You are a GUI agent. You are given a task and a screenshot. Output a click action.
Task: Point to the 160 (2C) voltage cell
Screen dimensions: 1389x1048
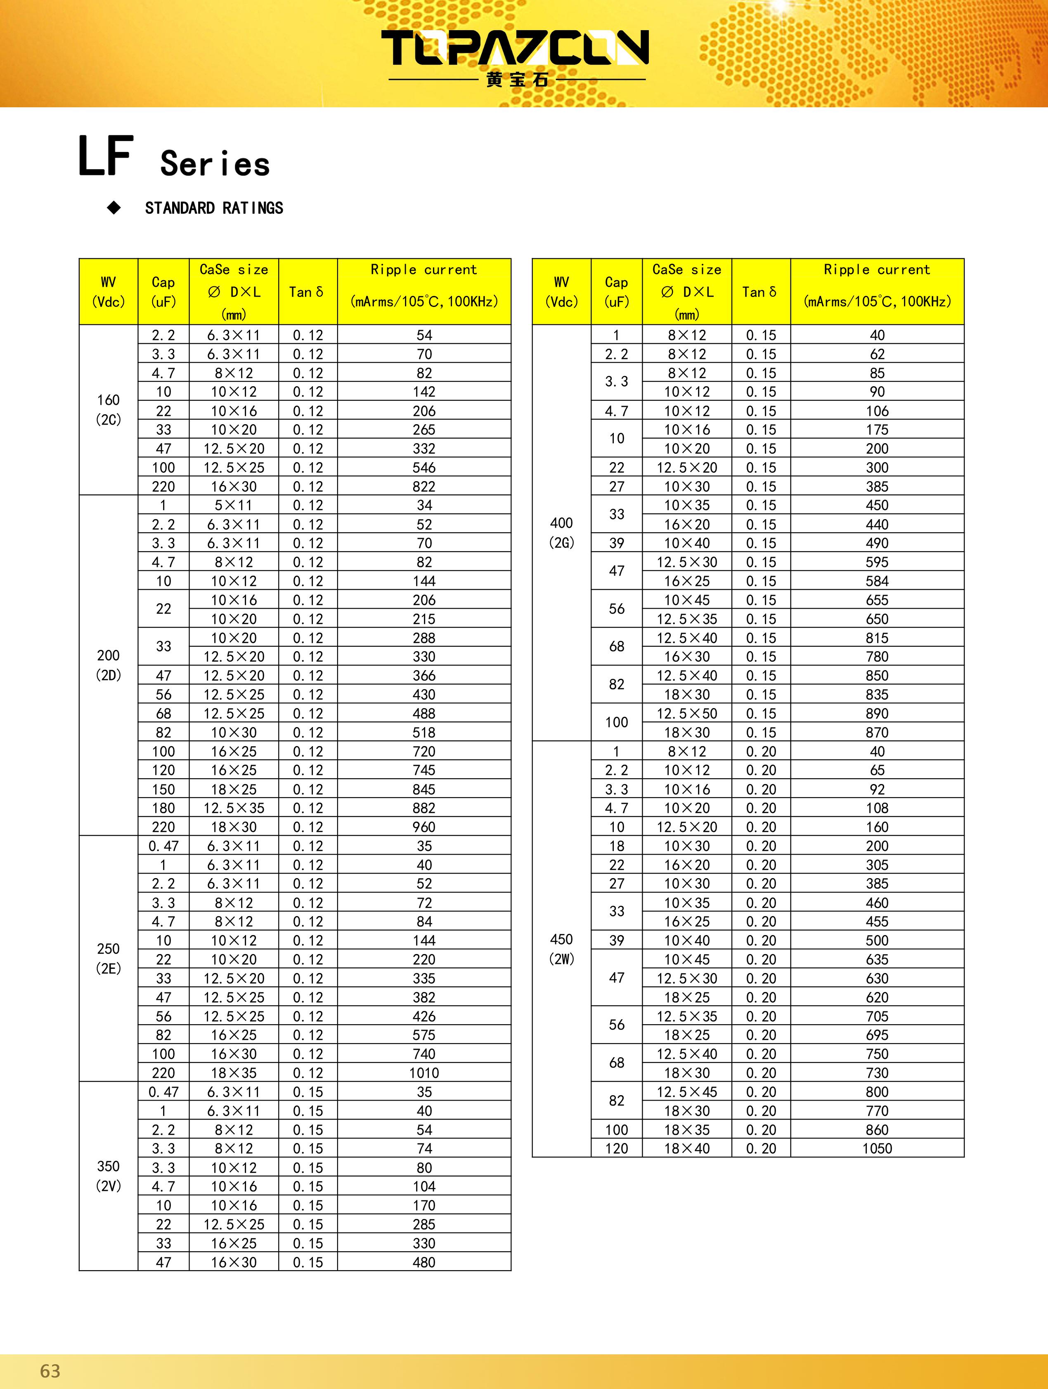tap(108, 409)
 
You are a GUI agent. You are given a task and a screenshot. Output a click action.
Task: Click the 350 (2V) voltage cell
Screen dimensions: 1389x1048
tap(108, 1176)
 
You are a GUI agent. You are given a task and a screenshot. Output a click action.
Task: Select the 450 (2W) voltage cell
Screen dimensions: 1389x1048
tap(561, 949)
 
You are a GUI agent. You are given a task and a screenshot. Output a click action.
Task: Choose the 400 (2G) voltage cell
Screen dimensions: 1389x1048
tap(561, 532)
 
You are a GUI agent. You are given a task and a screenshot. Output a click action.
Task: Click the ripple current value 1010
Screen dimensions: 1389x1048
tap(424, 1072)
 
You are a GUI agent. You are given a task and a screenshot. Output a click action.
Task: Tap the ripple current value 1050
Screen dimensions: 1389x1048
tap(877, 1148)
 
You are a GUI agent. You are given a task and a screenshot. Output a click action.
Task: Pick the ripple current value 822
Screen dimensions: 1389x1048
tap(424, 486)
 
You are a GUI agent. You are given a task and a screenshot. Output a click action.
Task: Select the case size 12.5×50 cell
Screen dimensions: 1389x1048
tap(686, 713)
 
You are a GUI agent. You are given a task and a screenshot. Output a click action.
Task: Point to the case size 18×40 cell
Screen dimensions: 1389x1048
tap(686, 1148)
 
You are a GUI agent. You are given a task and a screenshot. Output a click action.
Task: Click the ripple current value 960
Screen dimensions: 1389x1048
tap(424, 827)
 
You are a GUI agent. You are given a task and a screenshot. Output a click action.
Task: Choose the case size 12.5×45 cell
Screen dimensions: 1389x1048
tap(686, 1091)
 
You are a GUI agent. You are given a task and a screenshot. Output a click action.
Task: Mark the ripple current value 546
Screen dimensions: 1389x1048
tap(424, 467)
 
